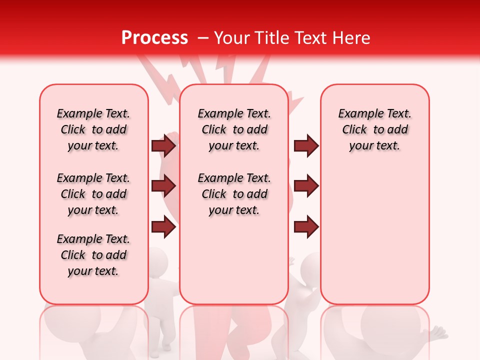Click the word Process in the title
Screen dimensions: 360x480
click(x=154, y=38)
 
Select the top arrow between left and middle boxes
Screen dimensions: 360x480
click(x=163, y=145)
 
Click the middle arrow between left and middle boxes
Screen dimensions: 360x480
click(x=163, y=186)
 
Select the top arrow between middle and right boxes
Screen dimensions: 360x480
click(x=306, y=145)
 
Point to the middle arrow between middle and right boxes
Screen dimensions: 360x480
click(x=306, y=186)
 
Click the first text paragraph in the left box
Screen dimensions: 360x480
click(x=93, y=129)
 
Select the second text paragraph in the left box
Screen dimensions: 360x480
click(x=93, y=194)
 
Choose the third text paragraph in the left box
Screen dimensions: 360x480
click(x=93, y=255)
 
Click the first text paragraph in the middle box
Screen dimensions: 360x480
click(x=234, y=129)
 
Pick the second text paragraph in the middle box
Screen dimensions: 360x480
click(x=234, y=194)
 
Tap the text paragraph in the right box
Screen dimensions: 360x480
click(x=375, y=129)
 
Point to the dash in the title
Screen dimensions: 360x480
click(x=203, y=38)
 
